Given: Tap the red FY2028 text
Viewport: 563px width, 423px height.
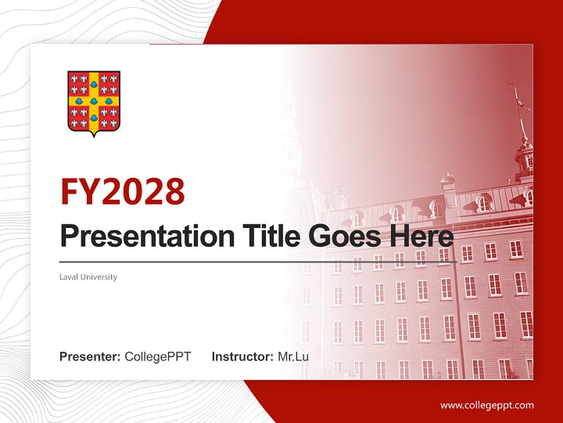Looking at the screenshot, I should (123, 192).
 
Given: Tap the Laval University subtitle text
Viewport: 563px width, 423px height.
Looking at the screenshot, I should (89, 277).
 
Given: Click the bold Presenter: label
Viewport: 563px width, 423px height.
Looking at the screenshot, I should (90, 357).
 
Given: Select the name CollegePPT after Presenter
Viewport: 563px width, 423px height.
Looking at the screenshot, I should (158, 357).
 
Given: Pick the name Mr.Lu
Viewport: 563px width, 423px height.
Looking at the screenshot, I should (293, 357).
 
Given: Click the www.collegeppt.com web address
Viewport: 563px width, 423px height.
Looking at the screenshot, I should (487, 405).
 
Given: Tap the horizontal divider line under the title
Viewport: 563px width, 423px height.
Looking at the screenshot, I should (258, 262).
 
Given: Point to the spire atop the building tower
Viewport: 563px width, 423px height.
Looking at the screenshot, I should (518, 109).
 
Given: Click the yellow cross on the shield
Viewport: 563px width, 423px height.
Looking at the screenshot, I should (94, 100).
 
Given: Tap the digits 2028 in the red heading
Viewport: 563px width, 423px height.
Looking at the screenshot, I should (143, 192).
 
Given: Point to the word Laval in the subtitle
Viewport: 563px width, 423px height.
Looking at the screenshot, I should (69, 277).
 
